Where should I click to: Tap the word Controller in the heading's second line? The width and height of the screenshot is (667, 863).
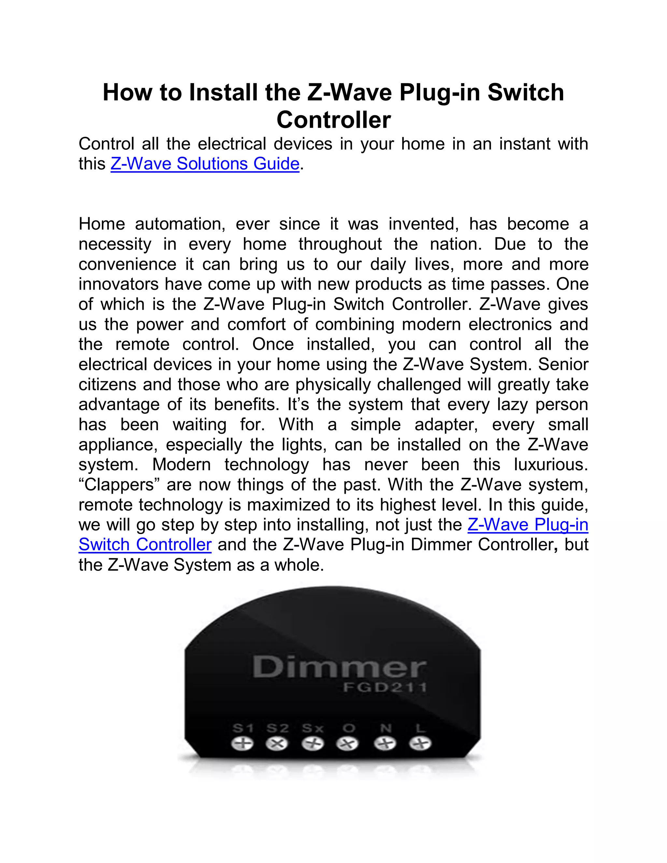333,120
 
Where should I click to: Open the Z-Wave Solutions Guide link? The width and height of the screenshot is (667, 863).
205,163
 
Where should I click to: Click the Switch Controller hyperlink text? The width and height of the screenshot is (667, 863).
145,545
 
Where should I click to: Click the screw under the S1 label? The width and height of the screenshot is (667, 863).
242,744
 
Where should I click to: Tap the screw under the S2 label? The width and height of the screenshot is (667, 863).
277,744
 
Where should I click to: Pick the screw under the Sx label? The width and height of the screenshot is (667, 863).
313,744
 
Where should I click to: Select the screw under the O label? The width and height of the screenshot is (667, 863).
347,744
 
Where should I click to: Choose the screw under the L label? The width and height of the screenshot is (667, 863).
419,744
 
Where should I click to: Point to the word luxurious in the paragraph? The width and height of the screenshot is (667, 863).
550,464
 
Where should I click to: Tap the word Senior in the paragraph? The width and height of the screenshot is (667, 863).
563,364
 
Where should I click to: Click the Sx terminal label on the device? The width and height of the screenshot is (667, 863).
313,728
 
